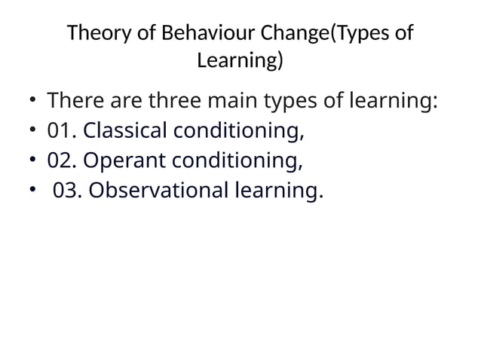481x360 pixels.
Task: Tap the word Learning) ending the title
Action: pyautogui.click(x=240, y=60)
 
